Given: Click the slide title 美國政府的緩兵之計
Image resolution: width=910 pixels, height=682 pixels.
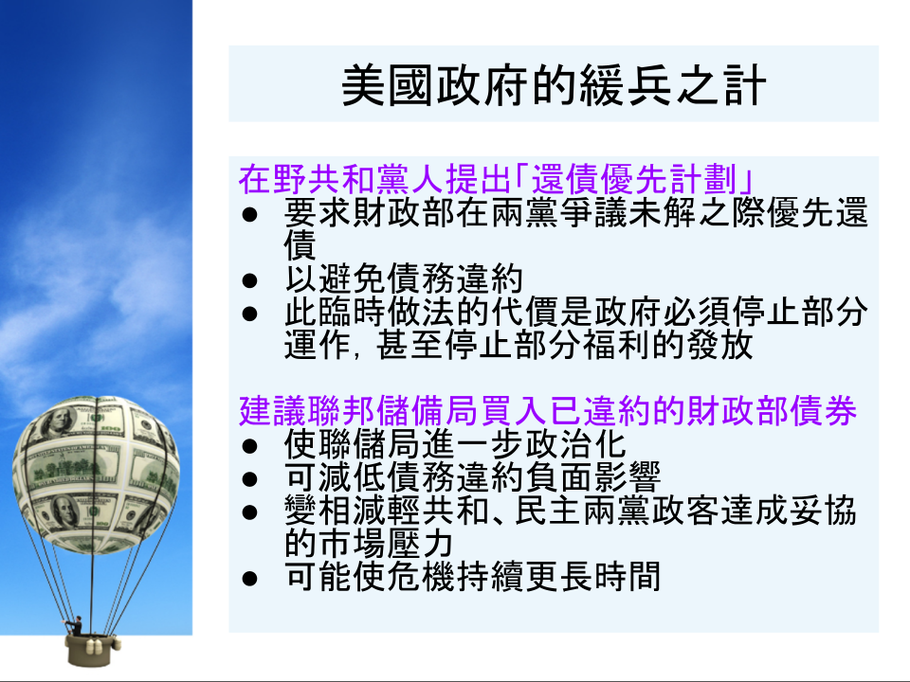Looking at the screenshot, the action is click(555, 86).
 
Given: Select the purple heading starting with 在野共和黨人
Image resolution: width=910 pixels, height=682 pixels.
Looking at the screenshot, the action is click(496, 179).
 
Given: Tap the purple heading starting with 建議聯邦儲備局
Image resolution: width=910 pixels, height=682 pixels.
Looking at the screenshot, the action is click(547, 411).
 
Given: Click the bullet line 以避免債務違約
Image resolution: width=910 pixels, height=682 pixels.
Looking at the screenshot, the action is click(404, 278).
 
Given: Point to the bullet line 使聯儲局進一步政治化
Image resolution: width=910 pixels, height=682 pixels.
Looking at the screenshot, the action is click(455, 445).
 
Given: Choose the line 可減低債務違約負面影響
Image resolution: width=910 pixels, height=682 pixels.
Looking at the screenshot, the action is click(472, 477).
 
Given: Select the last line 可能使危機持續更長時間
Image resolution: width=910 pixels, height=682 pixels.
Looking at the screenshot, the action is click(472, 577).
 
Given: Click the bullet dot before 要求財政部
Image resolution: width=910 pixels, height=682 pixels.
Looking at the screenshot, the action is click(249, 215).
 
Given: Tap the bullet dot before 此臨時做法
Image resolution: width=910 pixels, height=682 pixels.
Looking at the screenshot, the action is click(249, 314).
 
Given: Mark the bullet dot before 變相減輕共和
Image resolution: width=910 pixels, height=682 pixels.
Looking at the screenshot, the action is click(249, 512).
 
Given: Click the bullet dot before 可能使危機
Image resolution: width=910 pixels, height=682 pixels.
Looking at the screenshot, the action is click(249, 578).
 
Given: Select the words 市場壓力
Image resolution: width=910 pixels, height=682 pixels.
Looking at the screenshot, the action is click(386, 544).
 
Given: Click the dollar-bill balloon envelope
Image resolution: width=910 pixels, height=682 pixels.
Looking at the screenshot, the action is click(96, 474).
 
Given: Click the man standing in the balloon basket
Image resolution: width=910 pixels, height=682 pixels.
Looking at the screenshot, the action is click(76, 626).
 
